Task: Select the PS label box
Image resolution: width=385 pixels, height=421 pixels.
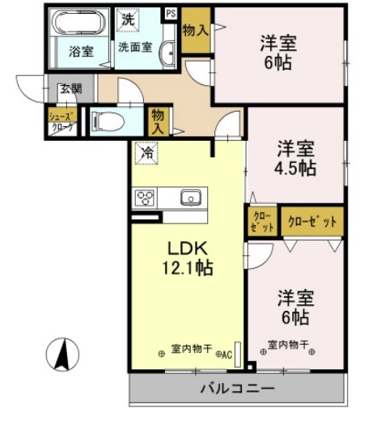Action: (171, 13)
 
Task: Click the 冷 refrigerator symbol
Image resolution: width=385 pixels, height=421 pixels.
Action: (147, 151)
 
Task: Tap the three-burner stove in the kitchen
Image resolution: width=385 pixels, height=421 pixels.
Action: (146, 198)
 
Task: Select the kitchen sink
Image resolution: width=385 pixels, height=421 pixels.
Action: (191, 197)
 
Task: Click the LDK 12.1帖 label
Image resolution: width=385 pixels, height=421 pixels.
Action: (188, 257)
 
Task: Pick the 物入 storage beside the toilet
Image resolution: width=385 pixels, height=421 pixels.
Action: (159, 121)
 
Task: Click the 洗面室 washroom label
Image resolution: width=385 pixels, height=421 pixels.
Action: (137, 47)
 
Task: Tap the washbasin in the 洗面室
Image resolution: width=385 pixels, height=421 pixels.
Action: (168, 53)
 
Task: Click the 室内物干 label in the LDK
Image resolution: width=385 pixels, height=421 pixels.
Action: (192, 350)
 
